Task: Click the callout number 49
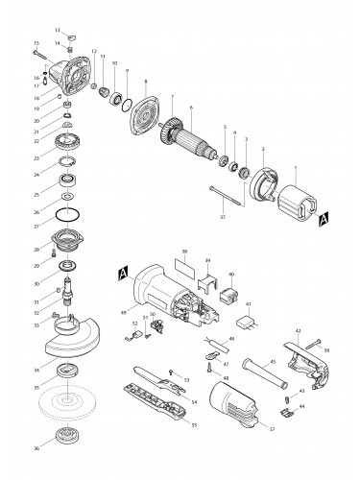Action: pos(124,313)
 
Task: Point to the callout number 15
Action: pos(36,43)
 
